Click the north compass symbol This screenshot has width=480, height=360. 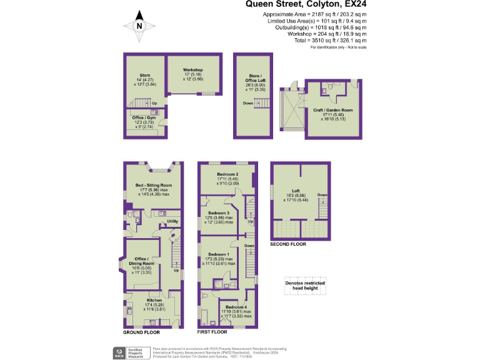(139, 24)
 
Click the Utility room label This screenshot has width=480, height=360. (172, 222)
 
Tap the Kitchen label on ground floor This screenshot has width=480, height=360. (137, 300)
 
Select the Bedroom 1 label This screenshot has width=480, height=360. (218, 254)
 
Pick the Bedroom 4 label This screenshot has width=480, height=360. (236, 308)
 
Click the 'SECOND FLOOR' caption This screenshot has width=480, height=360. (288, 244)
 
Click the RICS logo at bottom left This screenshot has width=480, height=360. (118, 352)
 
